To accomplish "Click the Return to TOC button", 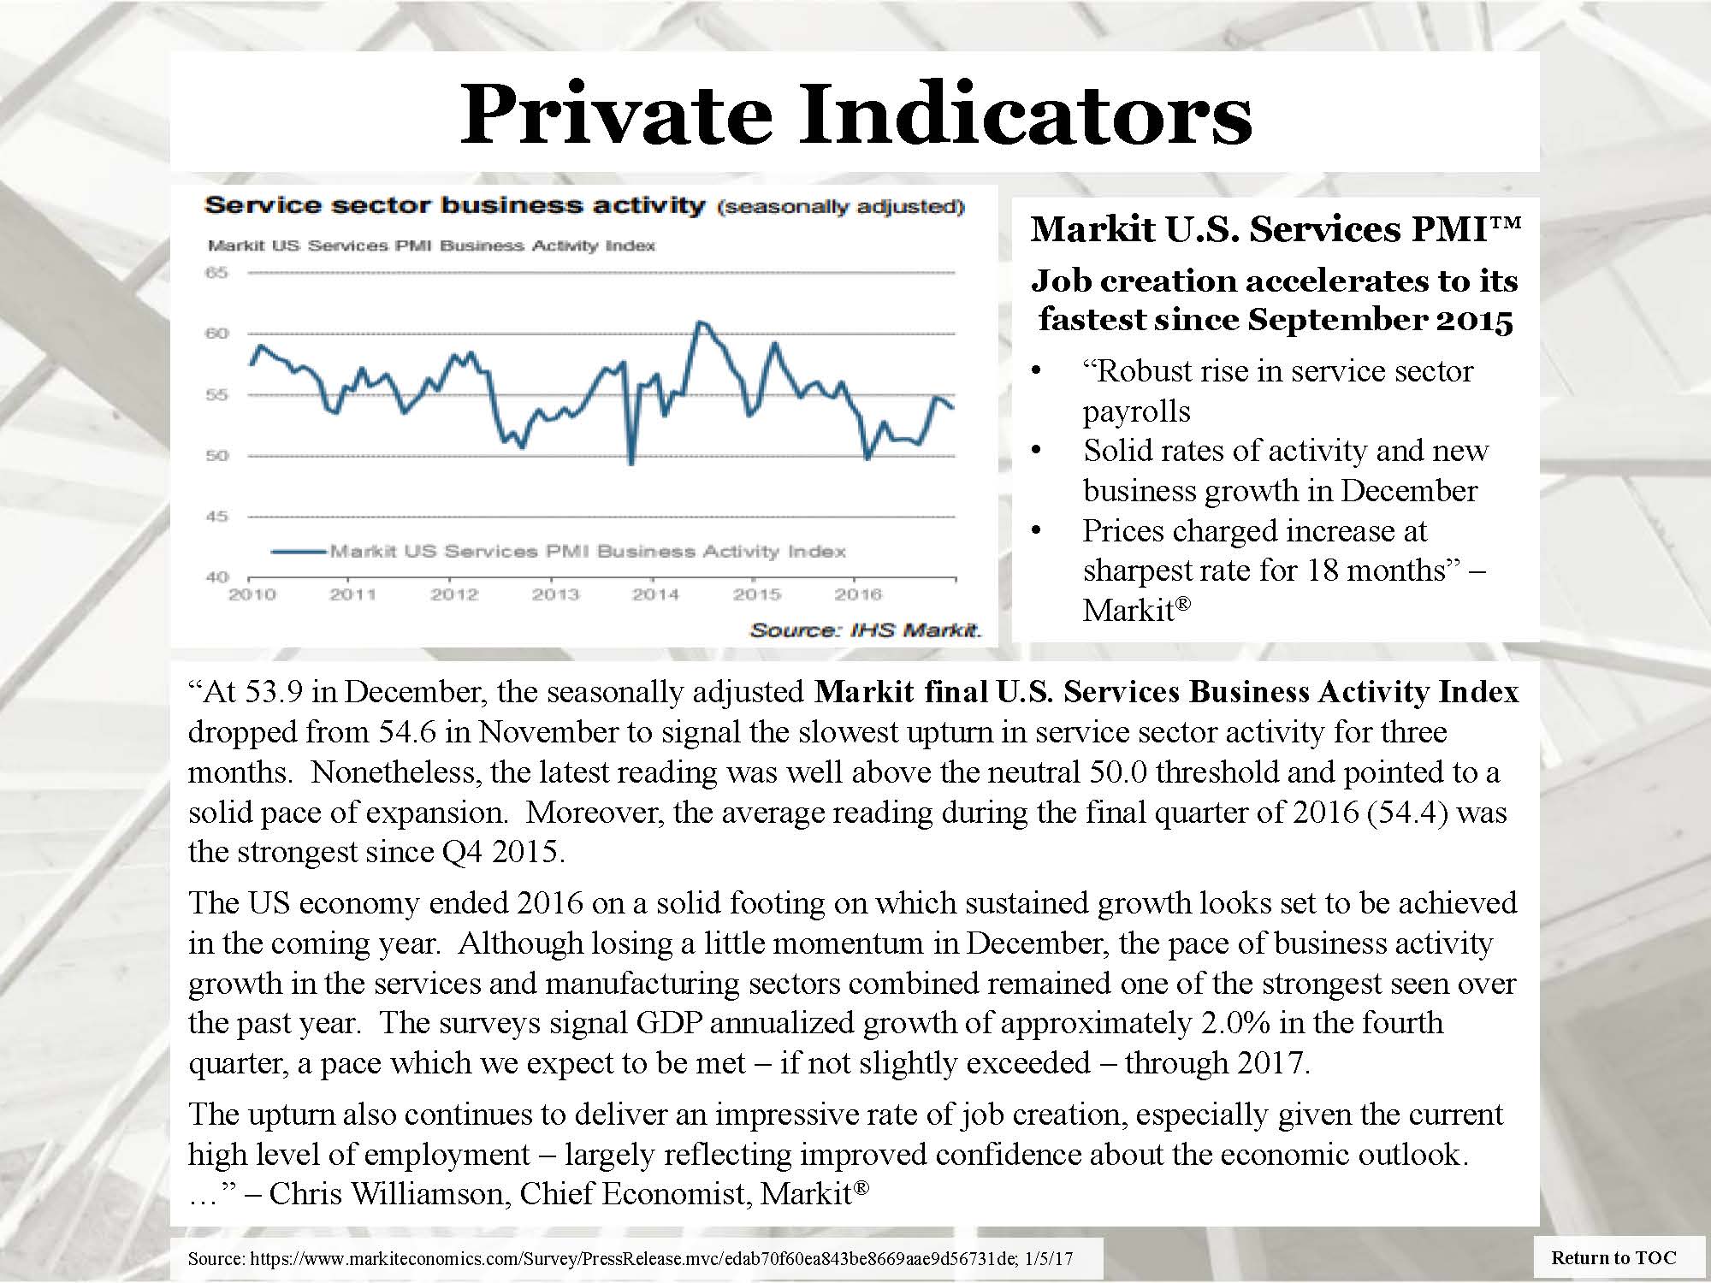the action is point(1614,1257).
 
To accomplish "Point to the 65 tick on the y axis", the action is point(217,273).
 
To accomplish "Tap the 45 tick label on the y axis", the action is point(217,517).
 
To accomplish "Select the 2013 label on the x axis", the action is point(555,594).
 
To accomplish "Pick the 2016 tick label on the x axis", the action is point(858,594).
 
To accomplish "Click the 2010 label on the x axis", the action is point(252,594).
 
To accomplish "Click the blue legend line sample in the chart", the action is point(299,552).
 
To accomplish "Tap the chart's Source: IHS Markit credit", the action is point(866,631).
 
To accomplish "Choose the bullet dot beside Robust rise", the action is point(1037,371).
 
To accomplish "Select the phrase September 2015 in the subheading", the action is point(1380,320).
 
